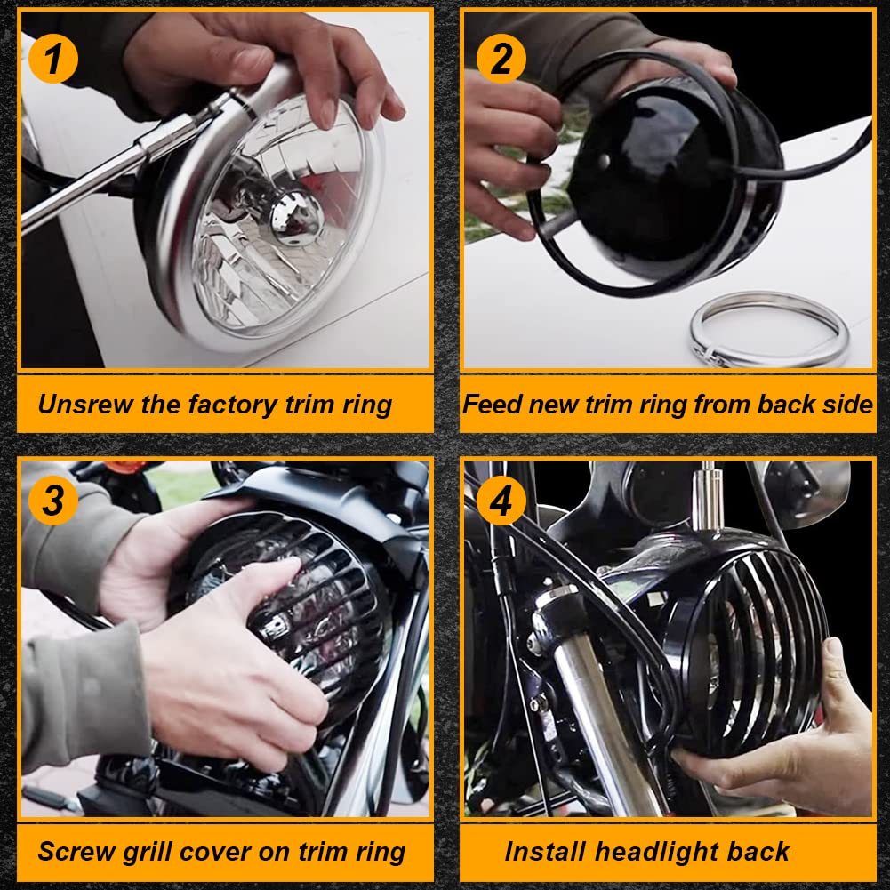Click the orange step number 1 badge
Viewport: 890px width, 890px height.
(x=53, y=59)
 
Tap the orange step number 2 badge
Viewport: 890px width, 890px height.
(x=501, y=59)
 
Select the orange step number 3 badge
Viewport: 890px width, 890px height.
(x=53, y=500)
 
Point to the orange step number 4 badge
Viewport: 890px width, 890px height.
(x=501, y=500)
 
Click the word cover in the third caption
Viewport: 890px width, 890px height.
(x=216, y=853)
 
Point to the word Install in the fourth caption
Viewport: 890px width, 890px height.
(x=545, y=852)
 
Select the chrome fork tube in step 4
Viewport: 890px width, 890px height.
(x=602, y=715)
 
